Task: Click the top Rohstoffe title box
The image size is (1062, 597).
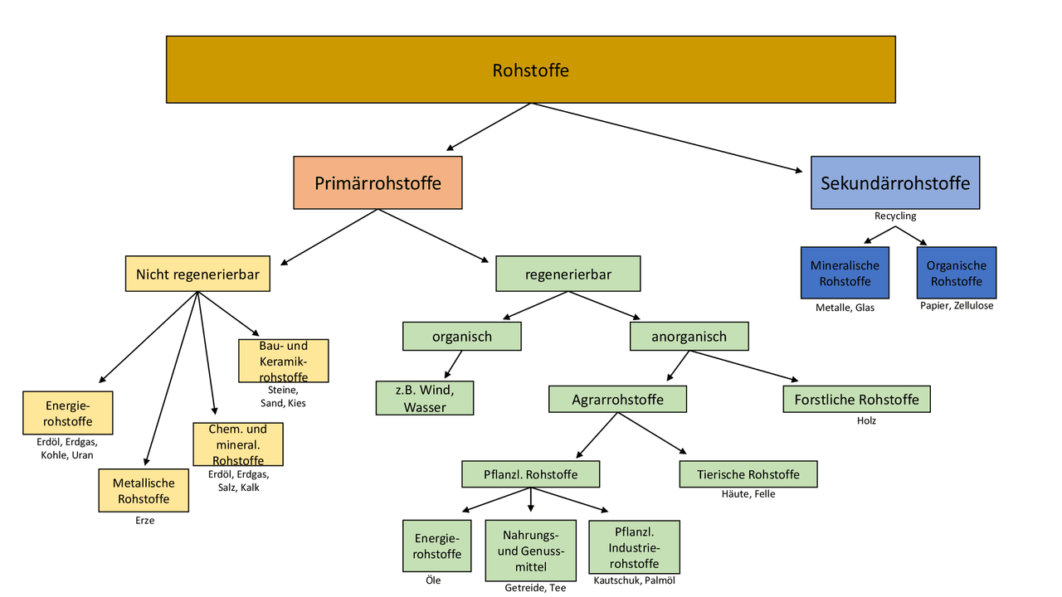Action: tap(530, 70)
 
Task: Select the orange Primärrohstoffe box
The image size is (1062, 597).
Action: tap(378, 182)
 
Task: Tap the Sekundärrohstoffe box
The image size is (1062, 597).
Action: tap(894, 182)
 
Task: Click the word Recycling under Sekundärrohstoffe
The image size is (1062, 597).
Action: tap(894, 216)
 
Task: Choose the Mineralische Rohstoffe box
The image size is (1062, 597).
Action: tap(845, 273)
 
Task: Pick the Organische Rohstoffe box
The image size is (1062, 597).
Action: tap(956, 273)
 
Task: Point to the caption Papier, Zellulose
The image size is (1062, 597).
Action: tap(956, 306)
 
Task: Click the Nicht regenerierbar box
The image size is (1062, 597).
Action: tap(197, 274)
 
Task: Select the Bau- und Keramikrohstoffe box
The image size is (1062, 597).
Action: tap(283, 361)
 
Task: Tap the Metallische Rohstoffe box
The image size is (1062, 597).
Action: tap(144, 490)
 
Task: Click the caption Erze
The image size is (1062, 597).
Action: tap(144, 521)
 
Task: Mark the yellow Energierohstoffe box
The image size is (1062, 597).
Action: tap(68, 413)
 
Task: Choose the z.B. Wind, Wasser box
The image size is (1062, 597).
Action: tap(425, 398)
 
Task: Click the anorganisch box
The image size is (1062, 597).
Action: tap(689, 337)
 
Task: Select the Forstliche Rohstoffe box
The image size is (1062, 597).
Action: tap(856, 400)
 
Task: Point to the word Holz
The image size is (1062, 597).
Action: tap(866, 421)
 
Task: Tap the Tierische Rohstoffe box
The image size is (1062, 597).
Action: tap(748, 474)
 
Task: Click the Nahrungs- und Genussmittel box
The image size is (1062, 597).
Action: tap(530, 551)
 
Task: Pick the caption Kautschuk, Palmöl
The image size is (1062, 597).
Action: tap(634, 580)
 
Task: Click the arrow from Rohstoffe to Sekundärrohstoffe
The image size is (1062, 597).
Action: tap(667, 138)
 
